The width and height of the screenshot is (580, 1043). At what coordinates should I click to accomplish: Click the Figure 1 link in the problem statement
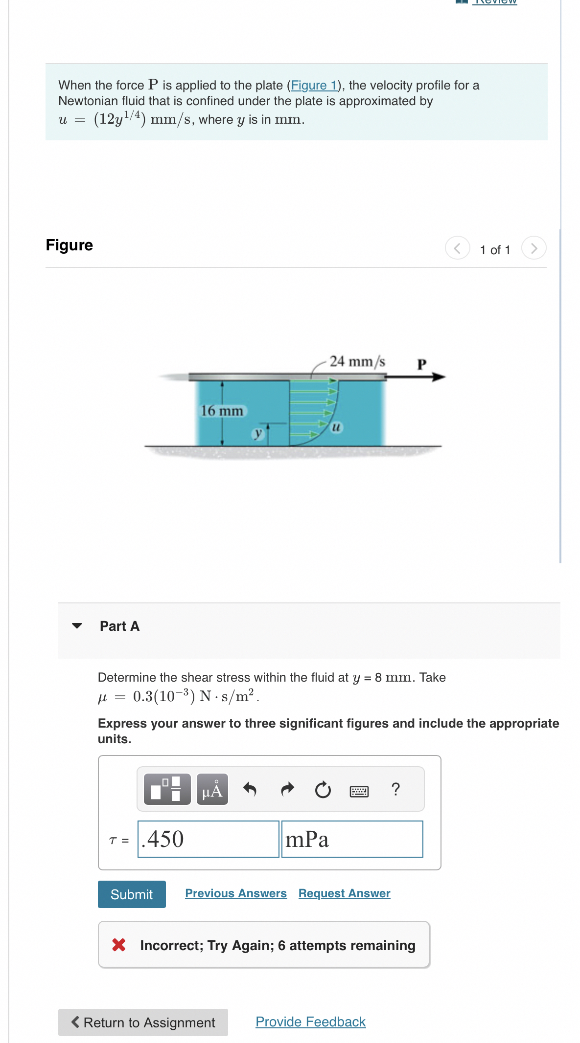pyautogui.click(x=314, y=86)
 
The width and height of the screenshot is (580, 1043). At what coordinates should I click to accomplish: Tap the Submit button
pyautogui.click(x=132, y=894)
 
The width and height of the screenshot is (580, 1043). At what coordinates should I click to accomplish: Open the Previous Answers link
pyautogui.click(x=236, y=893)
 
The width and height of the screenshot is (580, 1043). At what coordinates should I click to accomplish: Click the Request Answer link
pyautogui.click(x=344, y=893)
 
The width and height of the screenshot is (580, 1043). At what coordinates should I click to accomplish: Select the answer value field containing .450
pyautogui.click(x=208, y=839)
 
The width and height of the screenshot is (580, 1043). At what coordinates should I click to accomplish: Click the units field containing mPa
pyautogui.click(x=352, y=839)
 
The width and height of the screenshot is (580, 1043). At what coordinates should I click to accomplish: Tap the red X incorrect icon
pyautogui.click(x=119, y=945)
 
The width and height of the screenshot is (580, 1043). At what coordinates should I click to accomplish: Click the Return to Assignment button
pyautogui.click(x=143, y=1022)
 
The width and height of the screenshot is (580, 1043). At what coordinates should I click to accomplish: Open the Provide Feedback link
pyautogui.click(x=310, y=1022)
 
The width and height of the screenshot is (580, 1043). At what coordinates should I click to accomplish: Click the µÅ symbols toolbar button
pyautogui.click(x=212, y=789)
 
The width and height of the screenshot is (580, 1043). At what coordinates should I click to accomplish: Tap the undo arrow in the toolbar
pyautogui.click(x=250, y=789)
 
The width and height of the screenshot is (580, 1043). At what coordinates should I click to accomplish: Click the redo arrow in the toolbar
pyautogui.click(x=287, y=789)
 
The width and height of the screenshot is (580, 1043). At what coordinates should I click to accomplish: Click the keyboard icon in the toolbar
pyautogui.click(x=359, y=791)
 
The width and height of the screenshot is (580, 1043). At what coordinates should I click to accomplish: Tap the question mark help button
pyautogui.click(x=396, y=789)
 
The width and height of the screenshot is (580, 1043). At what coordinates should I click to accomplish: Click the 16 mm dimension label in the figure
pyautogui.click(x=222, y=411)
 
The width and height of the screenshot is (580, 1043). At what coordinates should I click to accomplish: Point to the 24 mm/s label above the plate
pyautogui.click(x=357, y=361)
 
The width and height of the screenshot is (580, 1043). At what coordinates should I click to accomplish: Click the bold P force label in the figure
pyautogui.click(x=422, y=364)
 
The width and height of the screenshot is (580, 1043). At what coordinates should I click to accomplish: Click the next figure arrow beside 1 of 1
pyautogui.click(x=534, y=248)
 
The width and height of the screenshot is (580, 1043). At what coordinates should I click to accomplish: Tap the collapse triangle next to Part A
pyautogui.click(x=77, y=626)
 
